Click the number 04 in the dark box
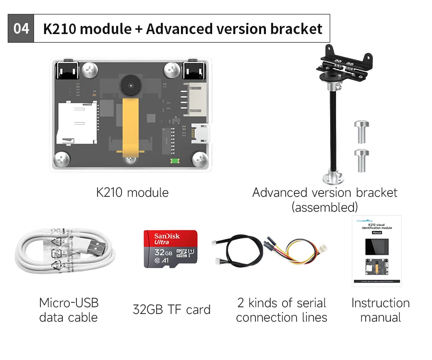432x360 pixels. (21, 28)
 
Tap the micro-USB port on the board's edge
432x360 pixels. (201, 133)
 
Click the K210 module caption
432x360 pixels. (132, 193)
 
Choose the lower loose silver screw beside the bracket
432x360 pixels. (361, 160)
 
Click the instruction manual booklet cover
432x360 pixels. (376, 250)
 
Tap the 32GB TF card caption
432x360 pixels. (171, 310)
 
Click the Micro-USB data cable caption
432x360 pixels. (69, 310)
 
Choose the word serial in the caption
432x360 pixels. (308, 303)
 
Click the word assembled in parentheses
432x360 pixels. (325, 207)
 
